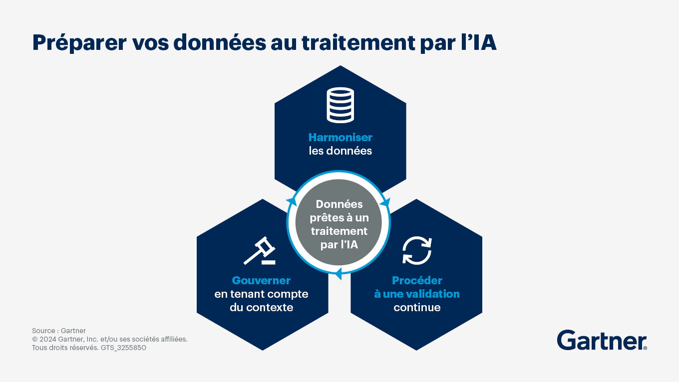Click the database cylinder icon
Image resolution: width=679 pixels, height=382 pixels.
(x=340, y=105)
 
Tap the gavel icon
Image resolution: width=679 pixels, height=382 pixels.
(x=260, y=251)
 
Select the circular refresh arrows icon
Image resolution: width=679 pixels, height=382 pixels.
(x=417, y=251)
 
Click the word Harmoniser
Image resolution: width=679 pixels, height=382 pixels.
(x=340, y=138)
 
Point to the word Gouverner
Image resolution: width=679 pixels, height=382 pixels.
(x=261, y=281)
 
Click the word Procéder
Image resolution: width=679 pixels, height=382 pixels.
(x=417, y=281)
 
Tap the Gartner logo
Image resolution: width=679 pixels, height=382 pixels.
(x=602, y=340)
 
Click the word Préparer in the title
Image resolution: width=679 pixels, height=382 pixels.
(x=79, y=43)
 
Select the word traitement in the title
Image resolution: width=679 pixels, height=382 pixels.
(x=358, y=42)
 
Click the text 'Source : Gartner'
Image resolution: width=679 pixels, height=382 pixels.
(x=59, y=331)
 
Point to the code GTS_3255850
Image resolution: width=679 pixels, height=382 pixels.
(x=123, y=348)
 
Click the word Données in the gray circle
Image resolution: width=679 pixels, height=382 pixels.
(x=339, y=204)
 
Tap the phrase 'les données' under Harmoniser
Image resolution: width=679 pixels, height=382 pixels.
(x=340, y=151)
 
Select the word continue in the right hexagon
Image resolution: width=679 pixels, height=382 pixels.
(x=417, y=308)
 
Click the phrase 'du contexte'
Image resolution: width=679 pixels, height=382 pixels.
(x=261, y=308)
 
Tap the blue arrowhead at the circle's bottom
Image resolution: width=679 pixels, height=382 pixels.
(x=338, y=274)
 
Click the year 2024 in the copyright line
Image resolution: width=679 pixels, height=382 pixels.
(x=48, y=339)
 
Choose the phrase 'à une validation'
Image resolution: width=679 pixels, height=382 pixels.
(x=417, y=294)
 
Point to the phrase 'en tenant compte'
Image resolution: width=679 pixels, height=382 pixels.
(x=261, y=294)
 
